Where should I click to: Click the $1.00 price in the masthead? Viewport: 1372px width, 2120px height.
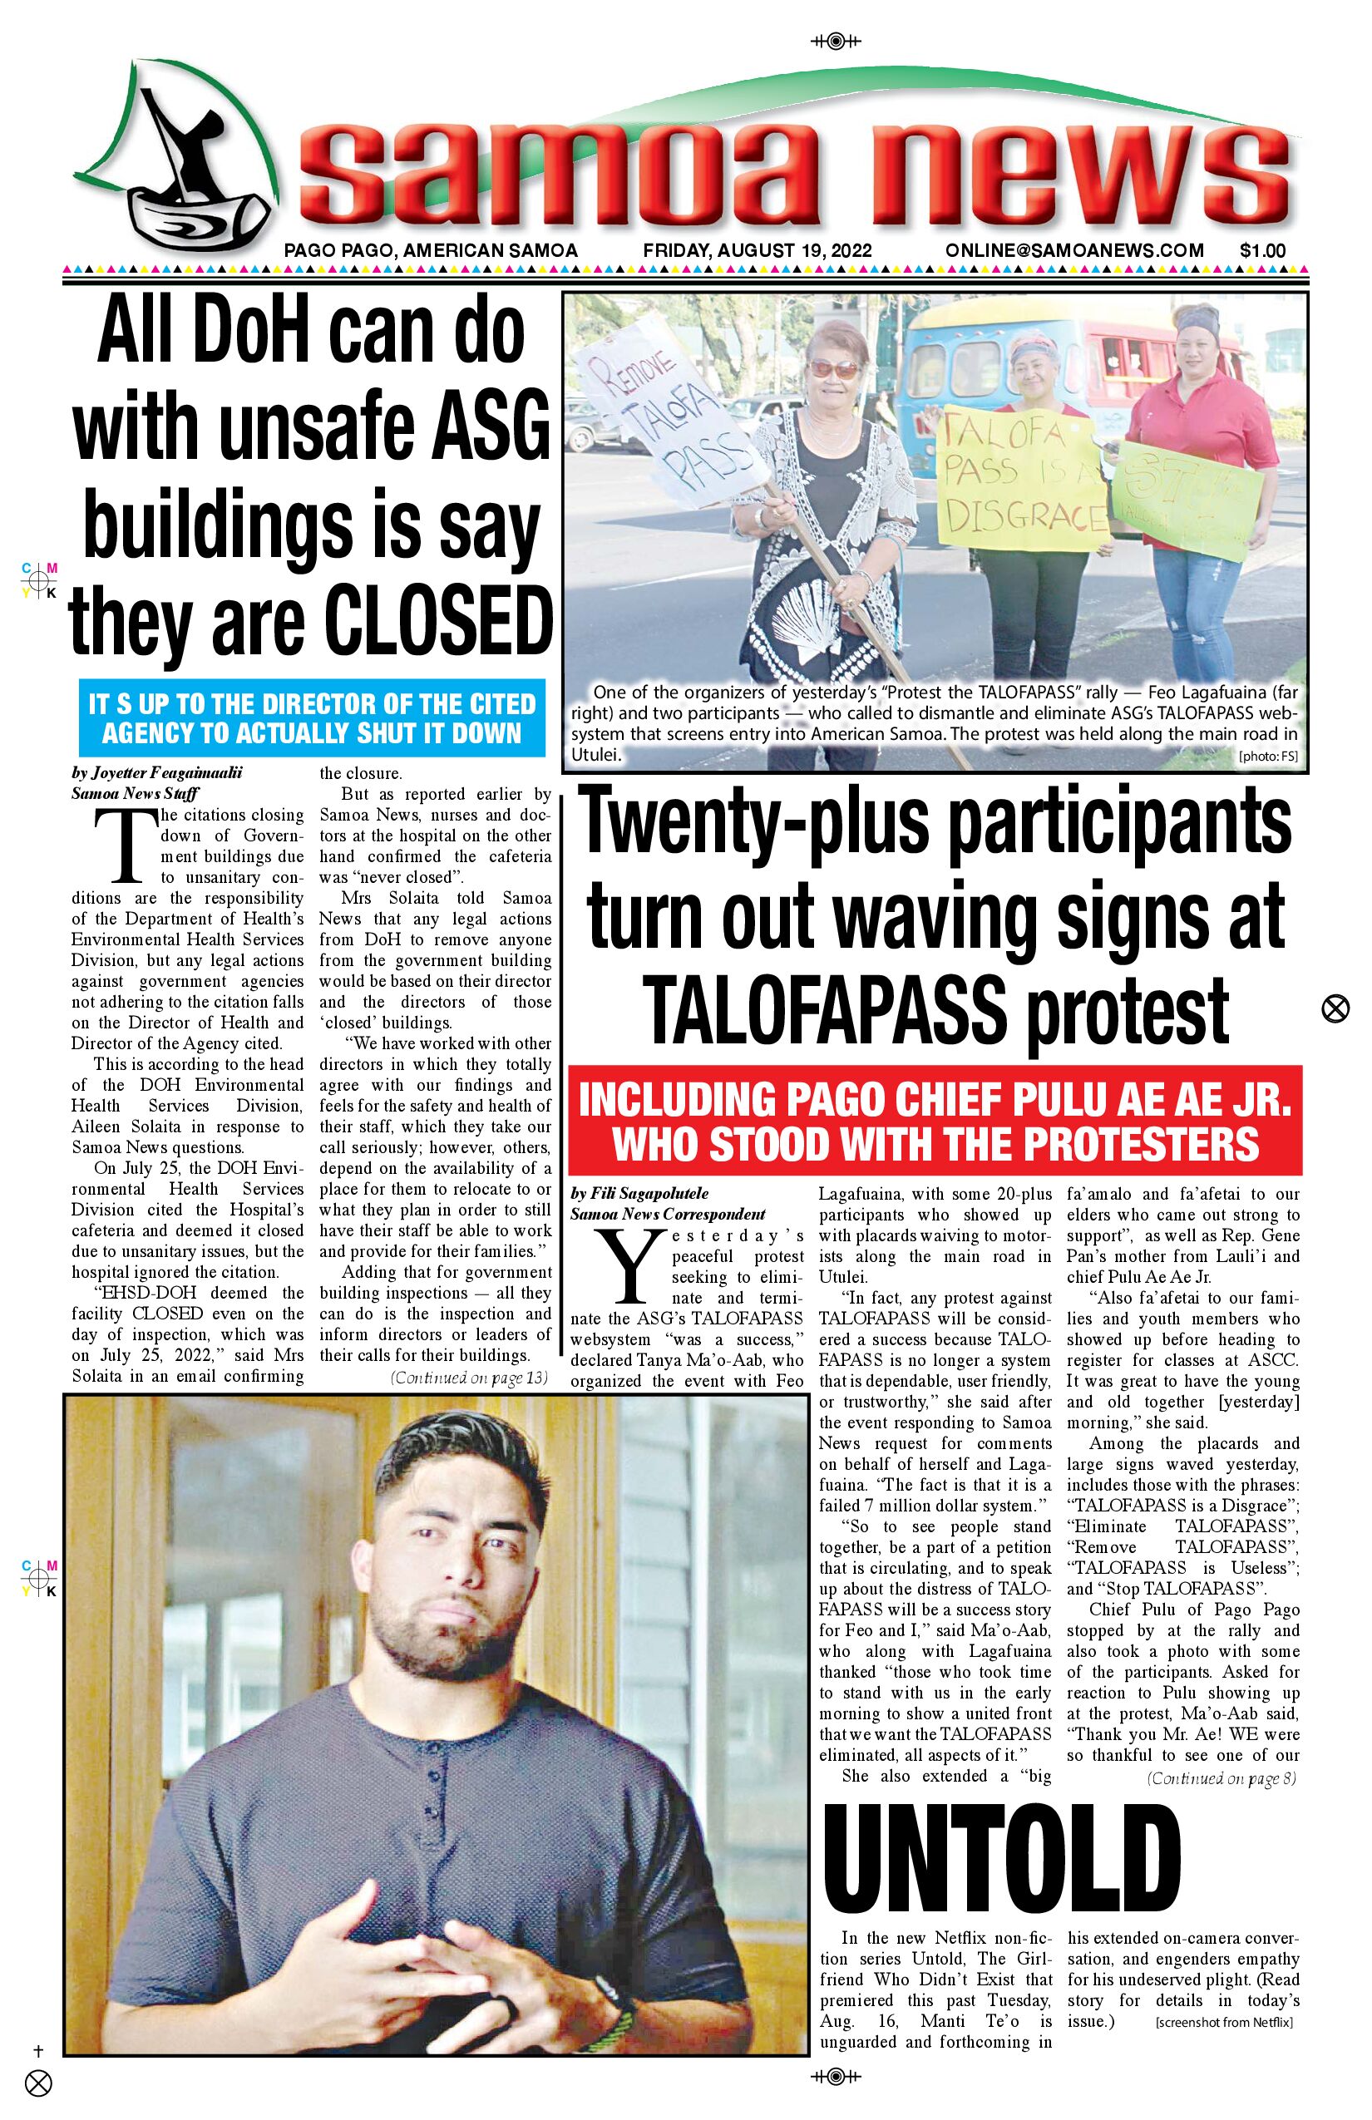pos(1261,251)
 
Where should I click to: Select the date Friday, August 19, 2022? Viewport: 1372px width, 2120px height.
pos(757,251)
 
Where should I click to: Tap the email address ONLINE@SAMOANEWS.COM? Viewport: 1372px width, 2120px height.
pos(1074,251)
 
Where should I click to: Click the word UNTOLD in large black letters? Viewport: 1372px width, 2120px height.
pos(1001,1858)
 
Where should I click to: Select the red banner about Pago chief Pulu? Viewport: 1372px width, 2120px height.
pos(935,1122)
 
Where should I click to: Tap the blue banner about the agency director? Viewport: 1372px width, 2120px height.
pos(311,718)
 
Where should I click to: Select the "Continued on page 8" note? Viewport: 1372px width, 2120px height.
pos(1221,1779)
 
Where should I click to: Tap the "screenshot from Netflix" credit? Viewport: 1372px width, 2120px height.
pos(1223,2022)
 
